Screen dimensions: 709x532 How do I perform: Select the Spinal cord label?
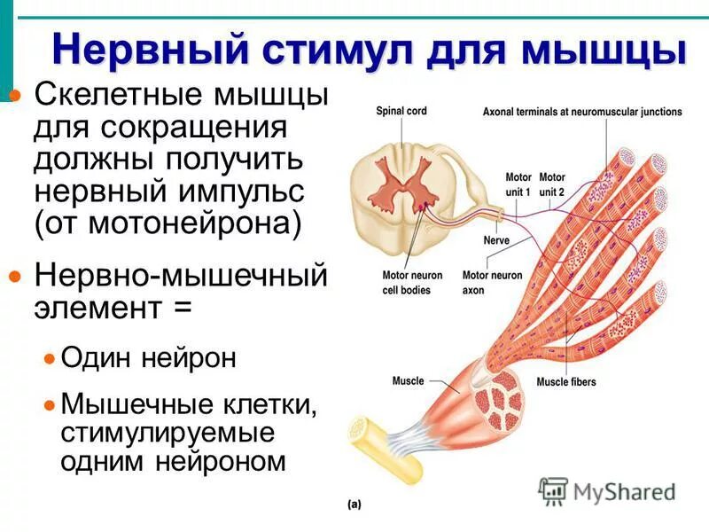(x=401, y=112)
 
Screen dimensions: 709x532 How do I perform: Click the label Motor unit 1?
(x=518, y=184)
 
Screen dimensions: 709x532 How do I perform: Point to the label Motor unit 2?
(x=552, y=184)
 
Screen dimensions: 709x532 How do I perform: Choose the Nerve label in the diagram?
(x=495, y=240)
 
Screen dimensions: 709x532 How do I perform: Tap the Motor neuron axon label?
(x=492, y=282)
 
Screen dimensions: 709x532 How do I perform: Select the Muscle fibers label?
(x=565, y=382)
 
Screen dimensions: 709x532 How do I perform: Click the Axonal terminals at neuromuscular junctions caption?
(x=582, y=112)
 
